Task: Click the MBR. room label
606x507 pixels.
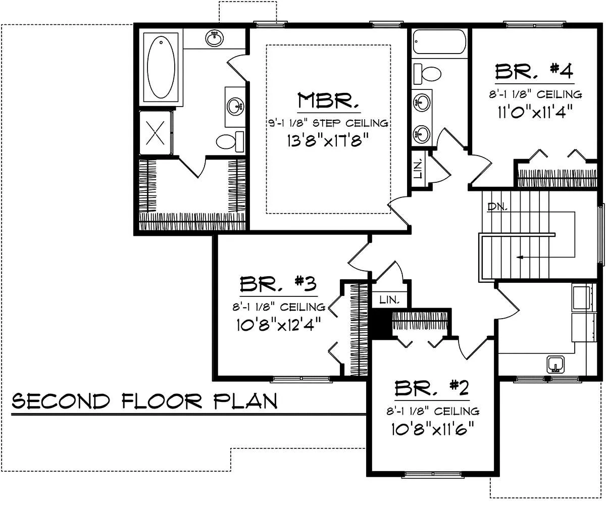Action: pos(328,100)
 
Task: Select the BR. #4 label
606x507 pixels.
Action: pos(534,71)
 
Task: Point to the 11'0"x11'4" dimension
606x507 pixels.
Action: pos(535,112)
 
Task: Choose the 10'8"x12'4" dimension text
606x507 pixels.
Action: pos(279,325)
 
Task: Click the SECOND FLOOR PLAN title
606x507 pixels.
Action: pos(144,401)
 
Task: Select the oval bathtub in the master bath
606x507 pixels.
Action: pos(161,67)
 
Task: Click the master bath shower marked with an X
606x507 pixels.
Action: pos(155,133)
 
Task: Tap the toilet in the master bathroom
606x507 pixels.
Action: pos(230,141)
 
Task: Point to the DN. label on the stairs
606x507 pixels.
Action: pos(497,207)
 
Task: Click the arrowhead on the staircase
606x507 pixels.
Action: pos(519,257)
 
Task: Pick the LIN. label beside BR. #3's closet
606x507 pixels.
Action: pos(389,300)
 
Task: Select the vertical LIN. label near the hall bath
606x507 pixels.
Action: pos(418,170)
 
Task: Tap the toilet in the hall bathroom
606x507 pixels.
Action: pos(428,74)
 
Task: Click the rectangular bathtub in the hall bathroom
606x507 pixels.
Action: pos(439,41)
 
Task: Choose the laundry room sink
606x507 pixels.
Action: pos(555,365)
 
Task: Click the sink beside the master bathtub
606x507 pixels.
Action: pos(215,38)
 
